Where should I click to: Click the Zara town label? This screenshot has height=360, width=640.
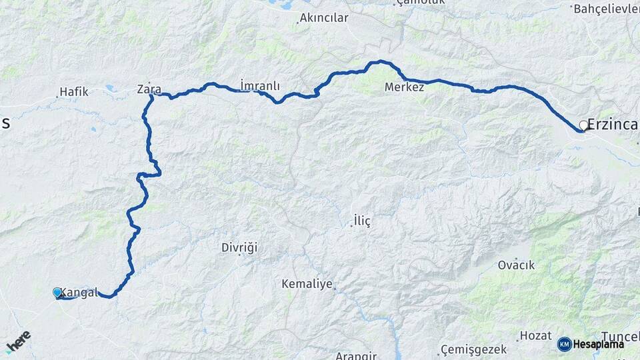click(x=149, y=89)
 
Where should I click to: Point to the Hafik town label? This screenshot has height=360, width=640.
click(x=73, y=91)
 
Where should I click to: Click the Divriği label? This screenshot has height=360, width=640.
click(x=239, y=248)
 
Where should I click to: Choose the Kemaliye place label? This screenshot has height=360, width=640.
click(x=307, y=284)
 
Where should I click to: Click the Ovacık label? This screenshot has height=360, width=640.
click(x=516, y=265)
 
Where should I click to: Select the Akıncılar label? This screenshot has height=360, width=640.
click(x=324, y=18)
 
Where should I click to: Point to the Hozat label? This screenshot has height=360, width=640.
click(x=535, y=335)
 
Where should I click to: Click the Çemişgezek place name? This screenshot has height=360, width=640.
click(x=473, y=349)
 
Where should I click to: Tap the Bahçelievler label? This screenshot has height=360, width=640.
click(x=605, y=9)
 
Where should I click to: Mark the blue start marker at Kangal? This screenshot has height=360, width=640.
click(x=57, y=292)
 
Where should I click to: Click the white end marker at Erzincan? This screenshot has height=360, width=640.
click(x=583, y=125)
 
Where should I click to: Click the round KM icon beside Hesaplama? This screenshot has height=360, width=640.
click(x=564, y=344)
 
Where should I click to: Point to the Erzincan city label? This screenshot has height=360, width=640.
click(x=614, y=125)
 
